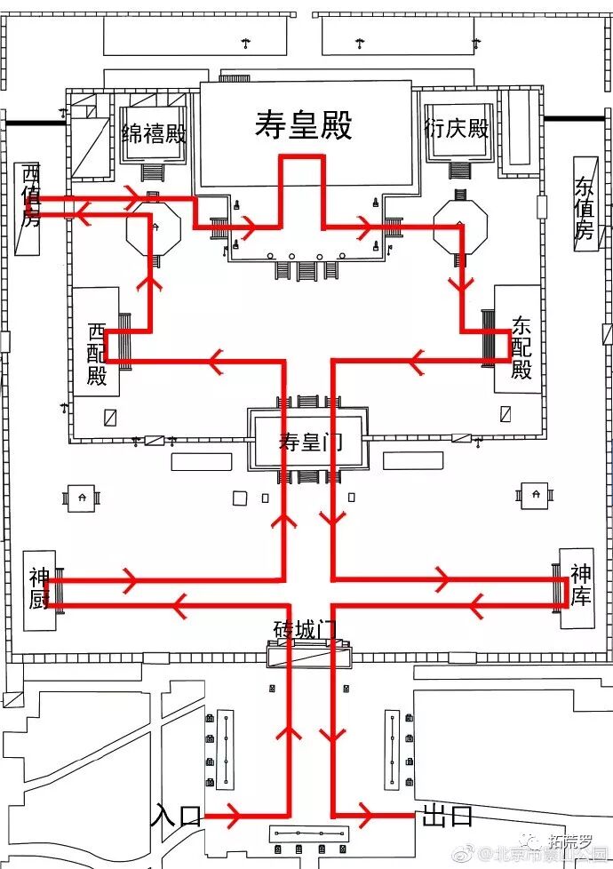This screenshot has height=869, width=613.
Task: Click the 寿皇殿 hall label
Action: coord(304,125)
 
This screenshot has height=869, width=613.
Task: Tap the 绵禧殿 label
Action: coord(154,133)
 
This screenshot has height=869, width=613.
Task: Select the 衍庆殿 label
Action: coord(457,129)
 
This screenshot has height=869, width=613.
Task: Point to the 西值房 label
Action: coord(31,195)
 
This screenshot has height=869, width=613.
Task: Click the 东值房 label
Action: coord(584,209)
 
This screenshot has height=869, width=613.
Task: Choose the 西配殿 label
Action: coord(97,354)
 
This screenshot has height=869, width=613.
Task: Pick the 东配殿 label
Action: coord(521,347)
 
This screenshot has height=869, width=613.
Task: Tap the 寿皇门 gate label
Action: coord(308,442)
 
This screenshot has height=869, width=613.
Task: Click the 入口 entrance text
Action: coord(178,815)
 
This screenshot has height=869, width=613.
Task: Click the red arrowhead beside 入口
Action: coord(233,815)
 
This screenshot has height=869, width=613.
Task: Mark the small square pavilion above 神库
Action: coord(536,493)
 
